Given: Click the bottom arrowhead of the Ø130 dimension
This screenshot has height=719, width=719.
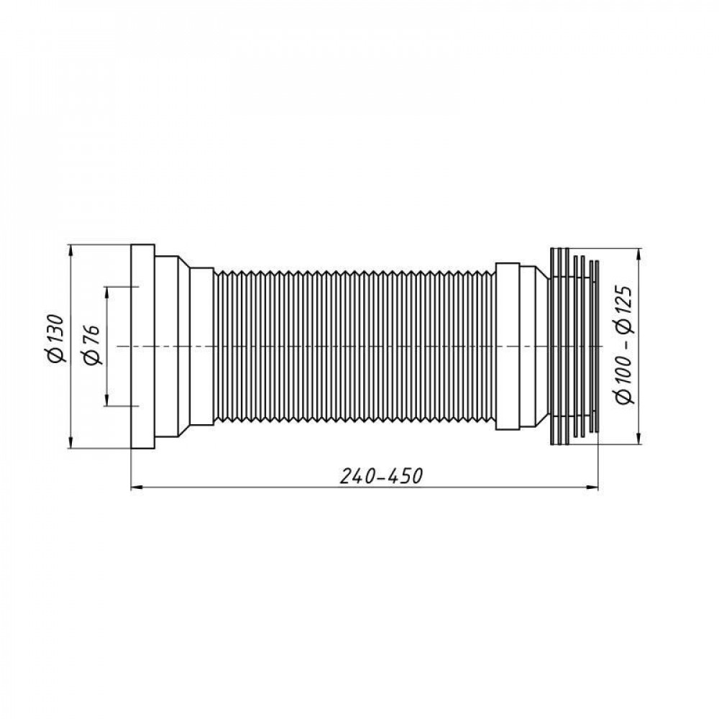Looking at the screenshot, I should (x=70, y=444).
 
